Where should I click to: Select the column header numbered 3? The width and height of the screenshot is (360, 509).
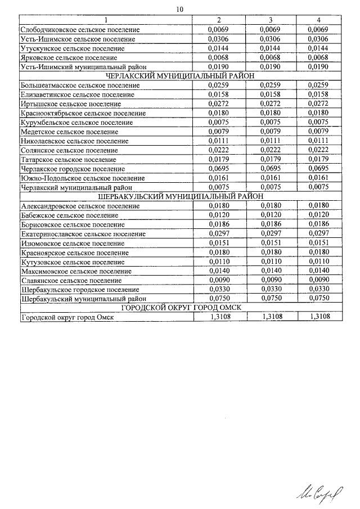(x=271, y=20)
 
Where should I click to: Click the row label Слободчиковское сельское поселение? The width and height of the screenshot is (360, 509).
(x=80, y=29)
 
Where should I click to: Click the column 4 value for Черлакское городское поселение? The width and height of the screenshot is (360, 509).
(x=318, y=169)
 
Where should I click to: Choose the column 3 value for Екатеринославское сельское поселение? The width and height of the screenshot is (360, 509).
(x=271, y=233)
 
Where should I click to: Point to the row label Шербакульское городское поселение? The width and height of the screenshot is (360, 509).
(x=79, y=290)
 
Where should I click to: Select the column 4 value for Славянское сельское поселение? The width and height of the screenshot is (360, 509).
(x=318, y=280)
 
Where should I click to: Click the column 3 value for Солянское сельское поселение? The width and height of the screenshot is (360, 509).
(x=271, y=150)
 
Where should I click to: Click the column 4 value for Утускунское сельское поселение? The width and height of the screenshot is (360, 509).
(x=318, y=48)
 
